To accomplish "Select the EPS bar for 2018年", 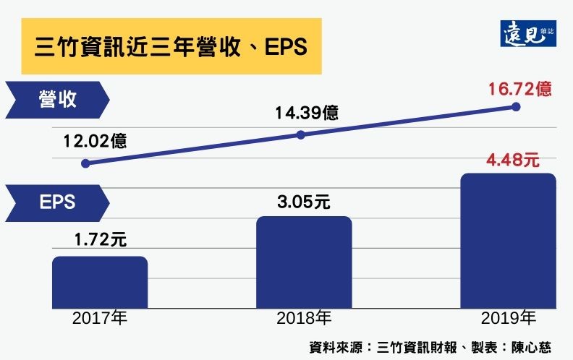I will tap(304, 261).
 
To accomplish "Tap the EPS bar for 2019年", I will tap(509, 240).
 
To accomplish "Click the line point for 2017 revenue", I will tap(85, 163).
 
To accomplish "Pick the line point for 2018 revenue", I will tap(302, 134).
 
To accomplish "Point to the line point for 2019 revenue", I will tap(516, 106).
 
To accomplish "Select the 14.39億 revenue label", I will tap(306, 113).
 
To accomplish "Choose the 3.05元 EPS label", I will tap(304, 202).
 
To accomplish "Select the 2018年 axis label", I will tap(304, 318).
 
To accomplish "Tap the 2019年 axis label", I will tap(509, 318).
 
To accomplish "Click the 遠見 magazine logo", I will tap(527, 31).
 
